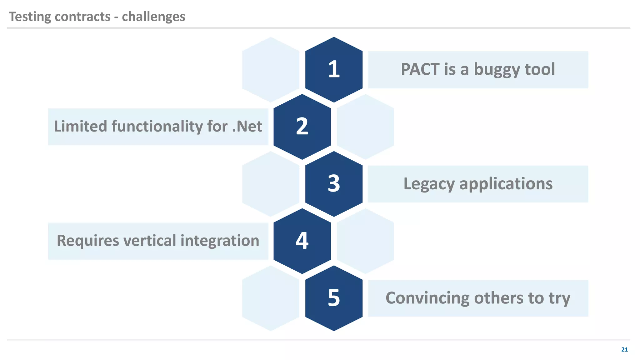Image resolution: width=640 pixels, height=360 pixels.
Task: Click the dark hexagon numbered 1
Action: click(x=334, y=69)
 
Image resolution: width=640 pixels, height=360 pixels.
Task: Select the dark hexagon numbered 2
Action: click(x=302, y=127)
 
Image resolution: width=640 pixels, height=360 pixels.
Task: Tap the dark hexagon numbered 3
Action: click(x=334, y=184)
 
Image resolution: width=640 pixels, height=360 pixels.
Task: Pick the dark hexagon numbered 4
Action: click(x=302, y=241)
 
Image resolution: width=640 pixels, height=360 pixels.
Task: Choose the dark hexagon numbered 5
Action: click(x=334, y=298)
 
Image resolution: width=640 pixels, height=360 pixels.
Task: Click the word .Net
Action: click(x=247, y=127)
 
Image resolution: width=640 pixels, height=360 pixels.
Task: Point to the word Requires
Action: click(x=88, y=241)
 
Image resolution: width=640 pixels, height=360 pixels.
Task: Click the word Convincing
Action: click(x=427, y=298)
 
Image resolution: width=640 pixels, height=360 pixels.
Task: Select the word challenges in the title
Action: click(x=153, y=17)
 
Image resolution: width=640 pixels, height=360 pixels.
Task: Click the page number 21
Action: click(x=624, y=350)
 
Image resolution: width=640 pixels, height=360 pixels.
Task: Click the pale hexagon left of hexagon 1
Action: click(x=271, y=69)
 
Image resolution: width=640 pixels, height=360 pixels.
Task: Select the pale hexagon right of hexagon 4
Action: click(x=365, y=241)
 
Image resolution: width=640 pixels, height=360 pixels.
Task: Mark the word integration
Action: click(x=220, y=241)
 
